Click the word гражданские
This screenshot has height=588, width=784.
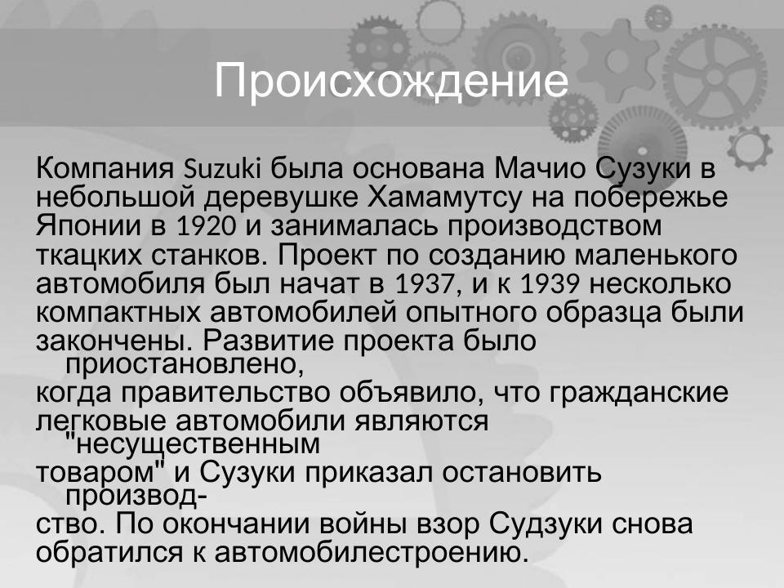pyautogui.click(x=638, y=393)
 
